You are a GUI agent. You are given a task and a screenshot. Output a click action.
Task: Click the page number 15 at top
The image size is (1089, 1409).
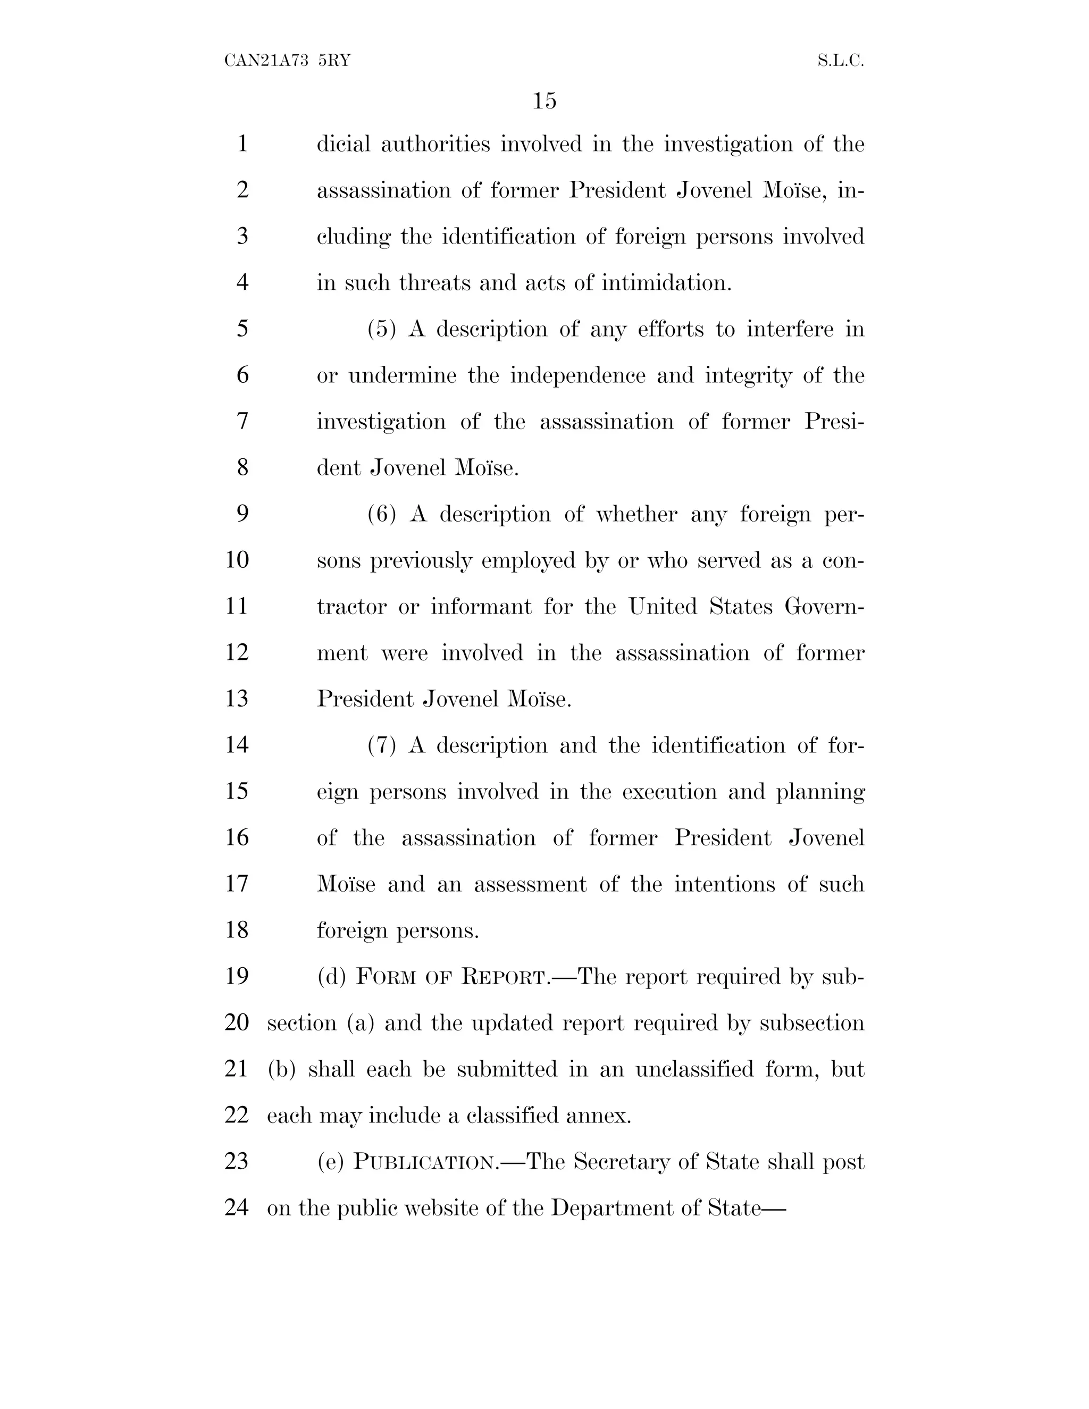544,100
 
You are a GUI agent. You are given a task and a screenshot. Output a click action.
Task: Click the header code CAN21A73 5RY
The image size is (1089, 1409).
287,61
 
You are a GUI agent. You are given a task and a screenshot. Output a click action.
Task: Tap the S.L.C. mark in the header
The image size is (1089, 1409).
840,61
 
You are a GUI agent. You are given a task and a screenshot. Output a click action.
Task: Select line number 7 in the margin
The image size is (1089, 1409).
242,421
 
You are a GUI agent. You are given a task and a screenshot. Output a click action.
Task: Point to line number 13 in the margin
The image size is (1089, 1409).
237,699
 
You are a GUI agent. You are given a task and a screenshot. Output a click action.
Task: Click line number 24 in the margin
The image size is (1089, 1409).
237,1207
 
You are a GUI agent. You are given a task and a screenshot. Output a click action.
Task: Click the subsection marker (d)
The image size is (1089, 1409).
332,977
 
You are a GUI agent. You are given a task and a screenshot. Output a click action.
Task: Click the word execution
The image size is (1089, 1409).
669,792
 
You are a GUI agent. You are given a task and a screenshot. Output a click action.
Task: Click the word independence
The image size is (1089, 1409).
577,375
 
